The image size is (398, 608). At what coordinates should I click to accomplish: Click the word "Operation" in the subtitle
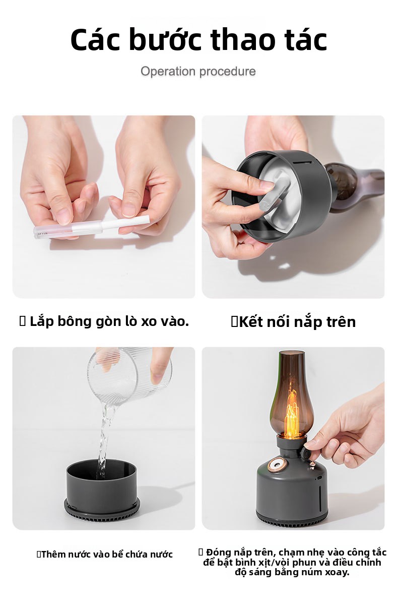(x=168, y=71)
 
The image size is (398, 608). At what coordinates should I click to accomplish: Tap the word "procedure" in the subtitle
(x=228, y=71)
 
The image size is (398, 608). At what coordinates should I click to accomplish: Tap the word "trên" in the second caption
(x=341, y=322)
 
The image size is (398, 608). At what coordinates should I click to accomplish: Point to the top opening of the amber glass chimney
(x=291, y=353)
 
